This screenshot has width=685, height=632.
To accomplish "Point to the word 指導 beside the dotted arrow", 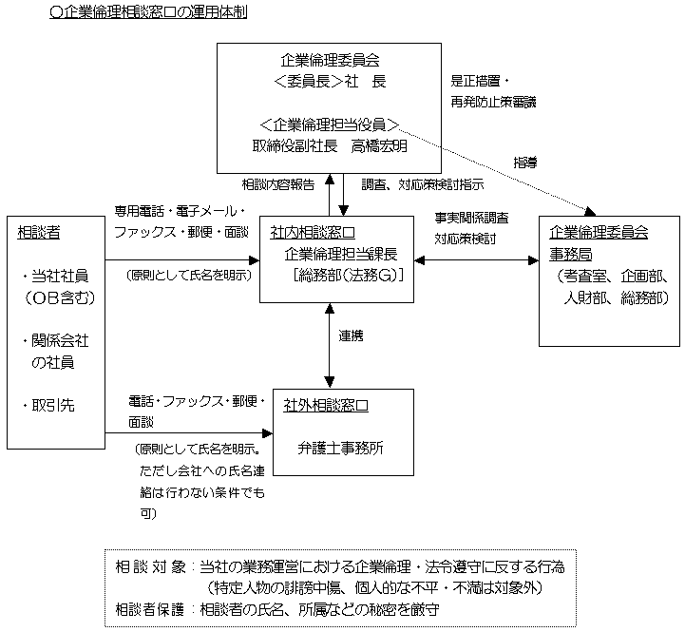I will tap(524, 163).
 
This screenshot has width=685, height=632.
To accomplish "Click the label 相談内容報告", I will tap(277, 184).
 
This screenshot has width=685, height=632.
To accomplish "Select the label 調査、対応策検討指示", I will tap(423, 184).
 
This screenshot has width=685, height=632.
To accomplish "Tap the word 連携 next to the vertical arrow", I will tap(352, 336).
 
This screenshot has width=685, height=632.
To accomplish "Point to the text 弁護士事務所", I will tap(338, 446).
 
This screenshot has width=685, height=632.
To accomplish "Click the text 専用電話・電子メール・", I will tap(181, 210).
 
